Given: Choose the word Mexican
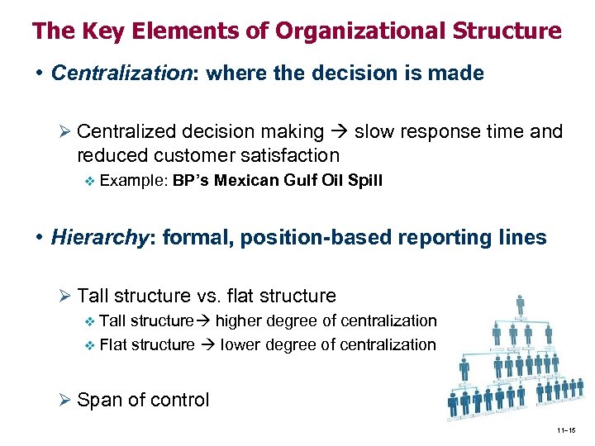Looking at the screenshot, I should pos(245,180).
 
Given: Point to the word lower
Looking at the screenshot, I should pos(240,344).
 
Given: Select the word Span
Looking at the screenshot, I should pos(98,400).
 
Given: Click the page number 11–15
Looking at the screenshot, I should pos(567,430).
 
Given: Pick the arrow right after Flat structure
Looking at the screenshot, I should pos(207,344).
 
